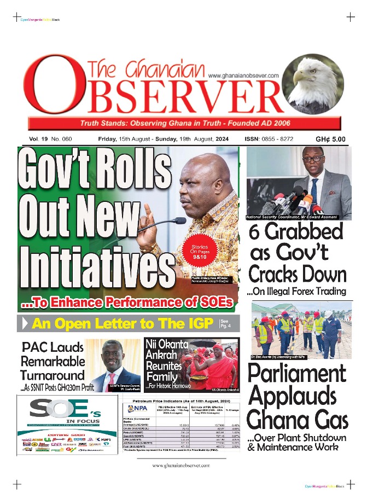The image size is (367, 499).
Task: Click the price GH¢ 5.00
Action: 330,139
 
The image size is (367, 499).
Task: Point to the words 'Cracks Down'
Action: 297,274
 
